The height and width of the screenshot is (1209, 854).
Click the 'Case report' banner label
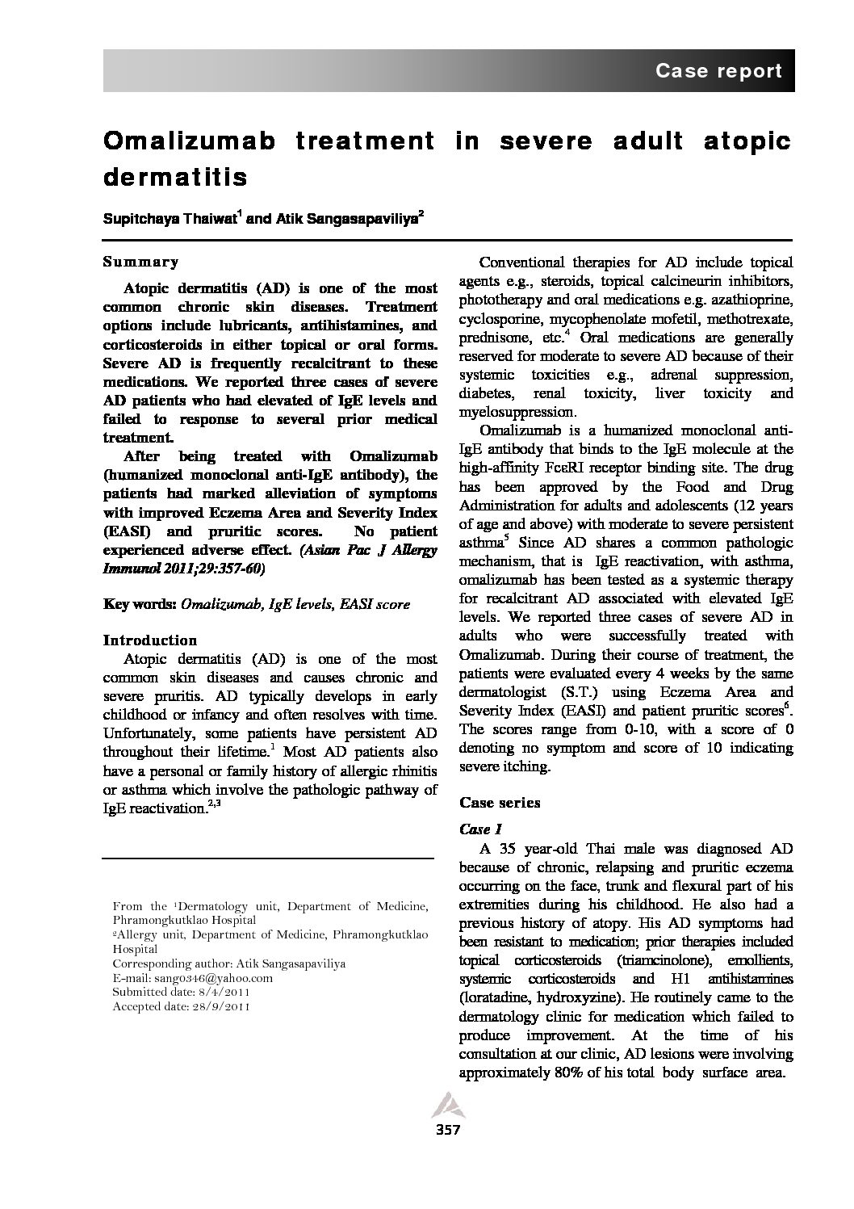click(x=718, y=71)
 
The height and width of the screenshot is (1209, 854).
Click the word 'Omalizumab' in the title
click(x=189, y=141)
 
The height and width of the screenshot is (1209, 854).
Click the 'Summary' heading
click(x=140, y=262)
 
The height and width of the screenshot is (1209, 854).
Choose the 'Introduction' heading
click(x=150, y=640)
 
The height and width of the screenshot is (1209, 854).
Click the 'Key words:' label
click(x=140, y=603)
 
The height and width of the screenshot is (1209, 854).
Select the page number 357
click(x=447, y=1129)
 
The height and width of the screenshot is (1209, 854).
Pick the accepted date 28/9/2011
click(x=220, y=1006)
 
